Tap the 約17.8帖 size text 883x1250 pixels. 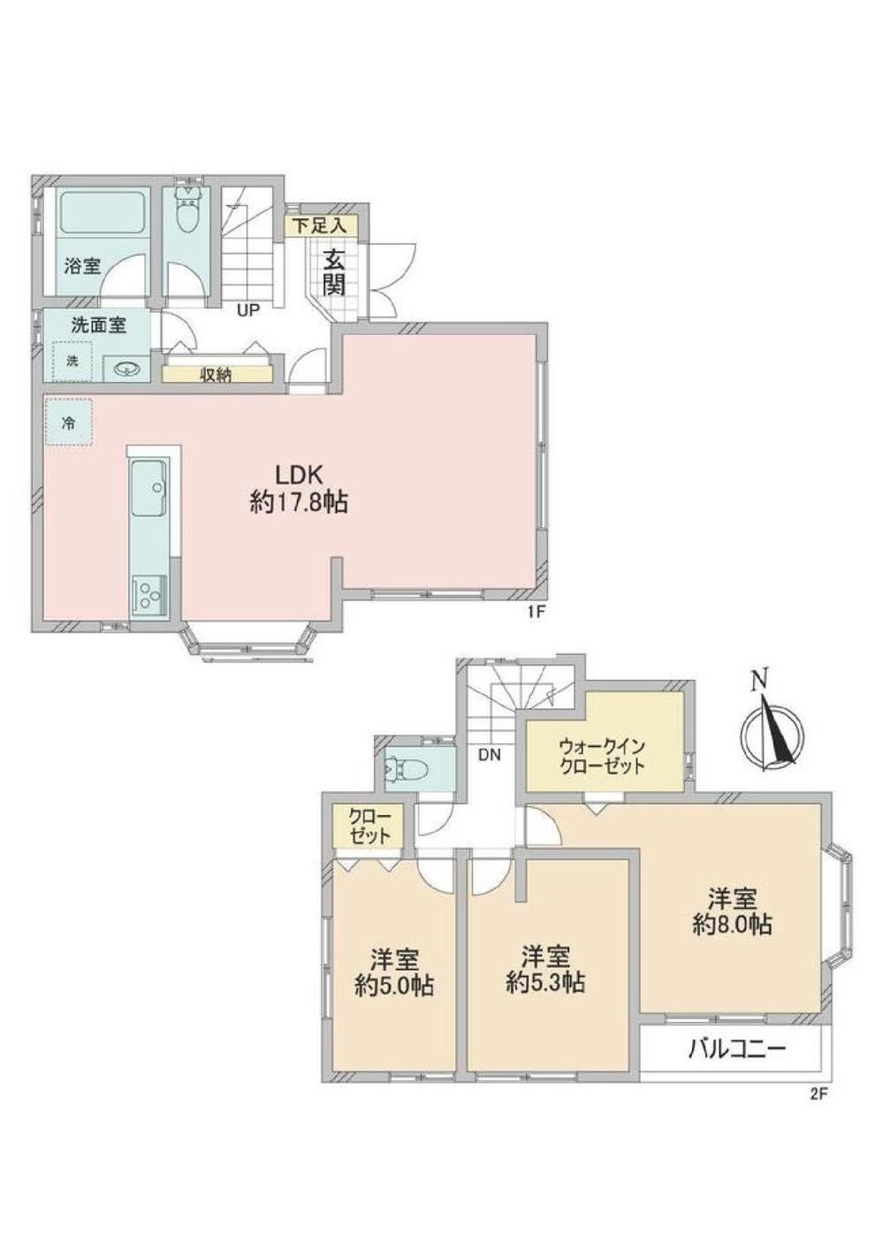click(x=298, y=503)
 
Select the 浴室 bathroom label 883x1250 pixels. click(x=81, y=265)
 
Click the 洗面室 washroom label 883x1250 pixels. click(x=97, y=324)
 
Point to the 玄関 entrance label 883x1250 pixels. click(x=333, y=272)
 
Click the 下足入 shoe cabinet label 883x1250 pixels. click(x=320, y=226)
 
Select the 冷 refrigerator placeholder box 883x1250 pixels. click(x=68, y=423)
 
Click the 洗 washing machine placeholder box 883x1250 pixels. click(x=73, y=361)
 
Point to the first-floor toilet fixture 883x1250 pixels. click(x=187, y=209)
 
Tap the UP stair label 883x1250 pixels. click(x=247, y=310)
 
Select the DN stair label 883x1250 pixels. click(x=489, y=754)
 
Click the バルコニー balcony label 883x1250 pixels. click(x=736, y=1049)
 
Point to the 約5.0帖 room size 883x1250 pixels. click(x=394, y=986)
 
